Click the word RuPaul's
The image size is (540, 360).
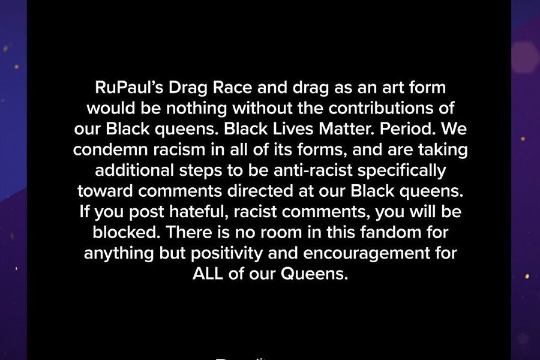tap(129, 87)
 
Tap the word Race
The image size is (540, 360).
tap(232, 87)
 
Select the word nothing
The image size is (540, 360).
tap(196, 109)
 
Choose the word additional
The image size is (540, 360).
tap(134, 170)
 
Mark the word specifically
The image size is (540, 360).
tap(401, 171)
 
